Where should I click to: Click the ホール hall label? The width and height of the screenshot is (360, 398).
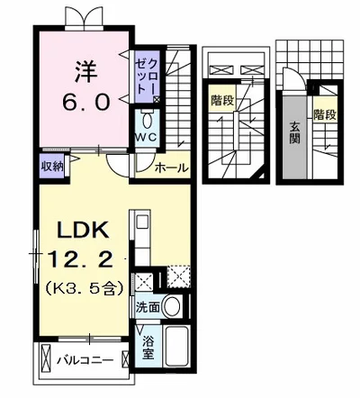pos(171,167)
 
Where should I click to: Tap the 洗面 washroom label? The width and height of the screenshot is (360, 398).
pos(148,307)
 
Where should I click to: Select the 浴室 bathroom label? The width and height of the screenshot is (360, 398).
pos(148,347)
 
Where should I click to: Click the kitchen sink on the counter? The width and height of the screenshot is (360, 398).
pos(142,223)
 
